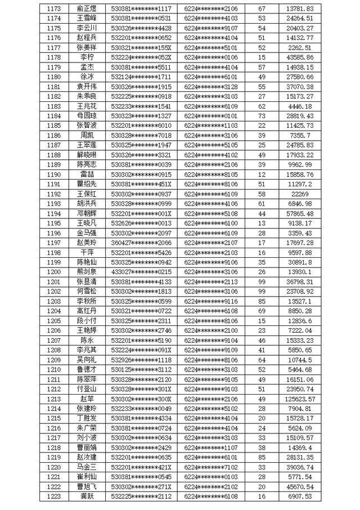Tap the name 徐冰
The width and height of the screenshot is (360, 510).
87,77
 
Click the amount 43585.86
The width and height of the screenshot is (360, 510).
315,57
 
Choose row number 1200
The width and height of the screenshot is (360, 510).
55,272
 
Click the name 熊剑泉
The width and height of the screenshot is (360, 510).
87,272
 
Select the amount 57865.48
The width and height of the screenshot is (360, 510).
315,213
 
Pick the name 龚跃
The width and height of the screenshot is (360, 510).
87,496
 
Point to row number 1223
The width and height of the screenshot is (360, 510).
55,496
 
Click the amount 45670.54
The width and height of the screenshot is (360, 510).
315,486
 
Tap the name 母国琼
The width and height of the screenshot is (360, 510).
87,115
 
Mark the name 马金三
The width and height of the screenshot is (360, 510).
87,467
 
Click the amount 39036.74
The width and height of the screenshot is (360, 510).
315,467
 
